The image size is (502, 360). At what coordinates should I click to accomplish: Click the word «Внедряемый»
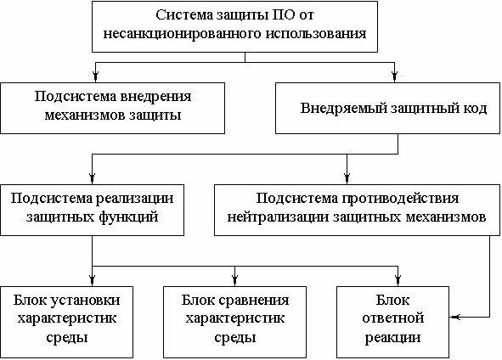(343, 109)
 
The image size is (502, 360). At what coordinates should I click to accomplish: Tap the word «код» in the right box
(475, 109)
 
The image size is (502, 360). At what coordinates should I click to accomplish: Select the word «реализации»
(134, 199)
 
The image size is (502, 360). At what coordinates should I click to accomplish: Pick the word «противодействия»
(400, 199)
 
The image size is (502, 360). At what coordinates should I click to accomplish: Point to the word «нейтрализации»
(278, 217)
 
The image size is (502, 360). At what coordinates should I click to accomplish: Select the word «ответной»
(393, 318)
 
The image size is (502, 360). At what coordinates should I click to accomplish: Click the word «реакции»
(392, 338)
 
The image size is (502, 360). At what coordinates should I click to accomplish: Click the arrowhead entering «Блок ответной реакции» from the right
(454, 317)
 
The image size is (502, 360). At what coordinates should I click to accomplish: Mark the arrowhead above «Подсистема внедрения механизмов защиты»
(95, 77)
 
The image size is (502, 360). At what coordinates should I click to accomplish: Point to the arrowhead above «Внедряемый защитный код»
(394, 77)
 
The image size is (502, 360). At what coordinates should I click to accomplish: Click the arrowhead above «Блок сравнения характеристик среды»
(235, 281)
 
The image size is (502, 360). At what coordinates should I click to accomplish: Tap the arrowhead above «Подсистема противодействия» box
(347, 179)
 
